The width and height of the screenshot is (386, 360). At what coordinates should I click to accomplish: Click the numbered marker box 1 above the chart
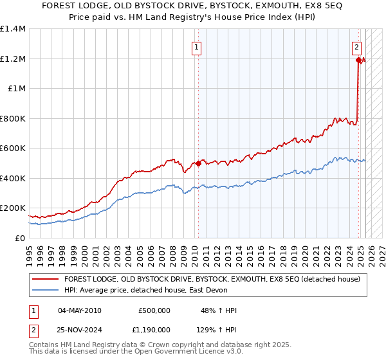tap(196, 46)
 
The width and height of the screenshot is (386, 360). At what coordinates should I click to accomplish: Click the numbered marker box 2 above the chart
tap(356, 46)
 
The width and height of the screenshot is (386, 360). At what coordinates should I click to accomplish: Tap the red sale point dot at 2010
tap(198, 163)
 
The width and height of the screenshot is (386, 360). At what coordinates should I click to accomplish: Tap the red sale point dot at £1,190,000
tap(359, 60)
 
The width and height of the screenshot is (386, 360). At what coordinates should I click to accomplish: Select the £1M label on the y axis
tap(17, 89)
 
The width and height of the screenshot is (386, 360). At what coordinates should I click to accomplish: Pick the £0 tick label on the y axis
tap(19, 238)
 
